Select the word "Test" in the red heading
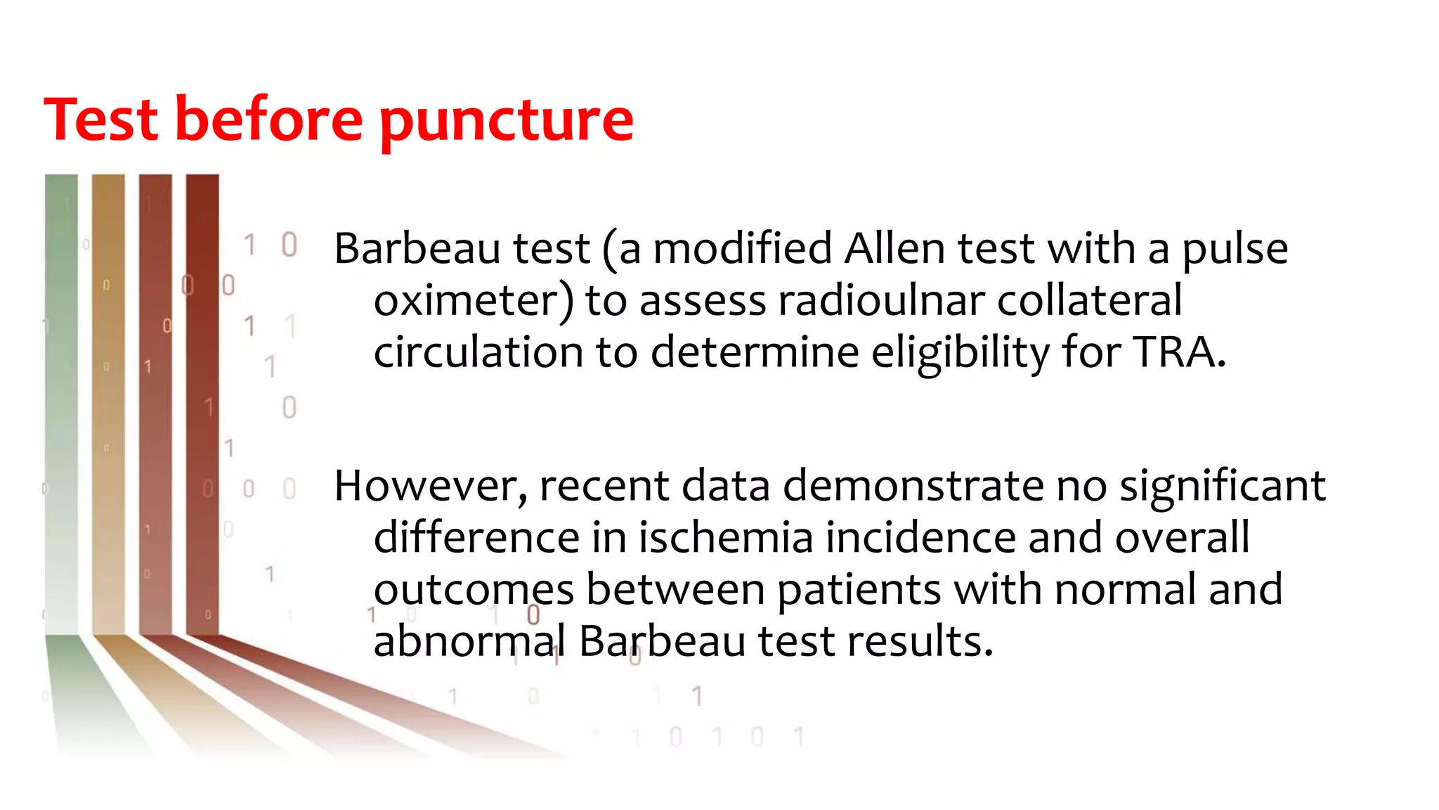coord(101,120)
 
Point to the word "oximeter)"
coord(474,301)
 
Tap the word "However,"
coord(431,487)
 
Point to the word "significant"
coord(1222,487)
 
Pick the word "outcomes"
coord(473,589)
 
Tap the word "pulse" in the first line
coord(1235,250)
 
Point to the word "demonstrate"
coord(913,487)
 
